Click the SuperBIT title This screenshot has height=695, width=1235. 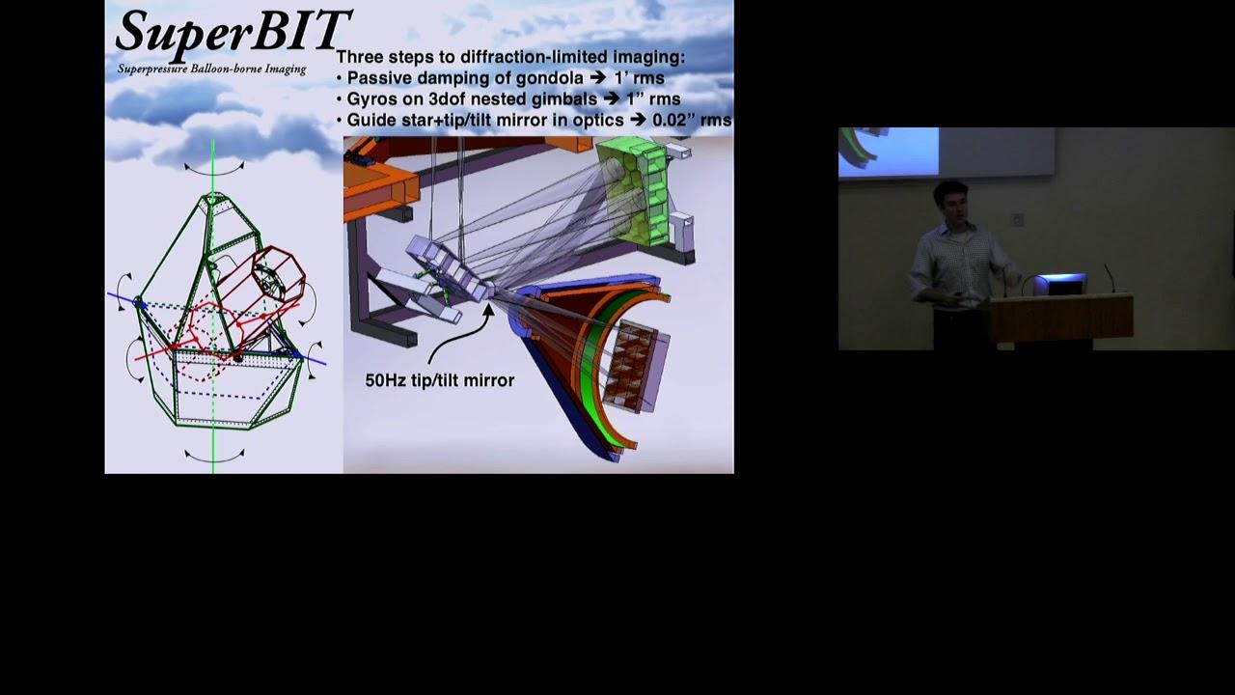pos(233,32)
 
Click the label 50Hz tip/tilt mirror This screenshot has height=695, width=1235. pos(439,380)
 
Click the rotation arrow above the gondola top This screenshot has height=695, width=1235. pos(214,169)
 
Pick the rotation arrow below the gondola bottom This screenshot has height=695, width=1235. pos(214,457)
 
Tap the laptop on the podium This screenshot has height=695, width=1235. pos(1058,284)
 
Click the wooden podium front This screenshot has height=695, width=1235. pos(1061,319)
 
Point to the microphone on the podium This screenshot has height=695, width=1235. pos(1110,279)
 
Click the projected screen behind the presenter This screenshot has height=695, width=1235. pos(947,153)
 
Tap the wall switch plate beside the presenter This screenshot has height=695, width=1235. pos(1017,219)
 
